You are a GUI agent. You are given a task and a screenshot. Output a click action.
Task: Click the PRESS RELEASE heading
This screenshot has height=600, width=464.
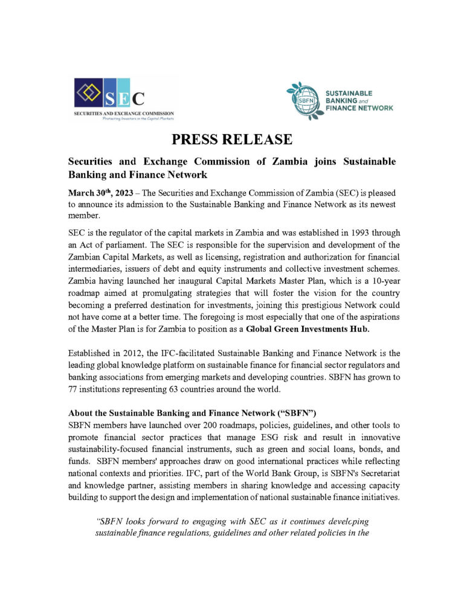pyautogui.click(x=231, y=140)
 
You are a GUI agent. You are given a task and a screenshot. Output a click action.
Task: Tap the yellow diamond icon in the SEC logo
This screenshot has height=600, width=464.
pyautogui.click(x=89, y=94)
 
